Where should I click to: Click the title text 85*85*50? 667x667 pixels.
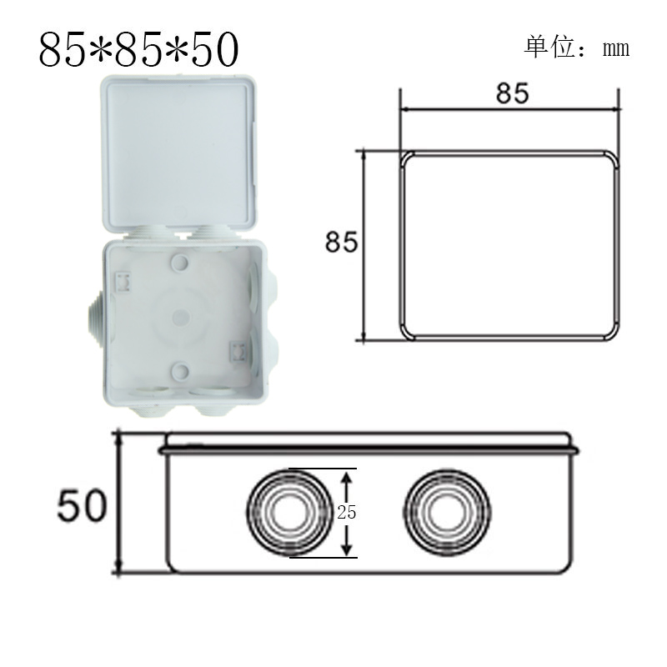pos(138,50)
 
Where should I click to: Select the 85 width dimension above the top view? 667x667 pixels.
pos(512,93)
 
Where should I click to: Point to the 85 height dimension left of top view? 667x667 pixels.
pos(341,243)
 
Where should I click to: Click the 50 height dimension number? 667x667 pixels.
pos(82,505)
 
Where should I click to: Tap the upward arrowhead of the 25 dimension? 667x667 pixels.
pos(349,475)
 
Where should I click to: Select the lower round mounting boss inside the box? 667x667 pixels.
pos(179,369)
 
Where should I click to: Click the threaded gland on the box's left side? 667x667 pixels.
pos(91,317)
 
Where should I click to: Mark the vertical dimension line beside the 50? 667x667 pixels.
pos(120,504)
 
